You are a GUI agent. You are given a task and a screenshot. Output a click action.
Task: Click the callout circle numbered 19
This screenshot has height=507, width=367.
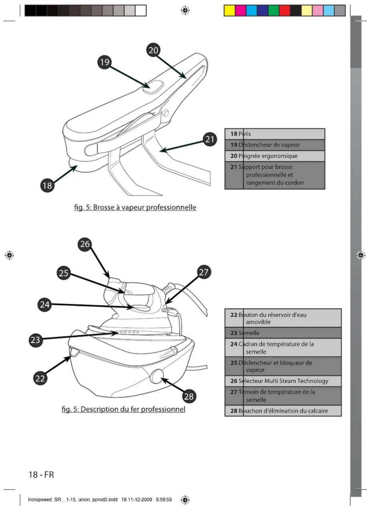pyautogui.click(x=105, y=62)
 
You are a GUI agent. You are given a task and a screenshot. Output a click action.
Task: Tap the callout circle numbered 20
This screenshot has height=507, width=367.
pyautogui.click(x=153, y=50)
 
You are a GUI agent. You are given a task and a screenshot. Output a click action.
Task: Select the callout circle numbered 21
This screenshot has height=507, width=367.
pyautogui.click(x=210, y=139)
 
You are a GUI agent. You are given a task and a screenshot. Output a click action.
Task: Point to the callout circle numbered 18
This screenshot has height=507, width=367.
pyautogui.click(x=47, y=185)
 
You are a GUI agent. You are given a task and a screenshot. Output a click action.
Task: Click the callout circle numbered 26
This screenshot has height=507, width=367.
pyautogui.click(x=85, y=244)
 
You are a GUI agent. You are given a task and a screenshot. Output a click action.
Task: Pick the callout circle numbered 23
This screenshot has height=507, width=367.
pyautogui.click(x=36, y=340)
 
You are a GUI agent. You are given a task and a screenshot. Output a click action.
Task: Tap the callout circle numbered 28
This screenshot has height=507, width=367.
pyautogui.click(x=189, y=396)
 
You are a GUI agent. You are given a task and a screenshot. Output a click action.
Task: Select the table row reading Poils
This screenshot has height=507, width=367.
pyautogui.click(x=274, y=134)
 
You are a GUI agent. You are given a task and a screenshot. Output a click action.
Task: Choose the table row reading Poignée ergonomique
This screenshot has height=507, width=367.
pyautogui.click(x=274, y=156)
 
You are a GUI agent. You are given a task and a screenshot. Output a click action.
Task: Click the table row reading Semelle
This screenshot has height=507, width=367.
pyautogui.click(x=283, y=333)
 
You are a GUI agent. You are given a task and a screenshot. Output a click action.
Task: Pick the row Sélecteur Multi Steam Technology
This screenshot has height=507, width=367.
pyautogui.click(x=283, y=381)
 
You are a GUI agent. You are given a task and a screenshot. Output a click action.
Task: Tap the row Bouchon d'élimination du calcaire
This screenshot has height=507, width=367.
pyautogui.click(x=283, y=411)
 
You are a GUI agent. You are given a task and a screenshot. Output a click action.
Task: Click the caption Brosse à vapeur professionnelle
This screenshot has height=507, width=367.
pyautogui.click(x=135, y=207)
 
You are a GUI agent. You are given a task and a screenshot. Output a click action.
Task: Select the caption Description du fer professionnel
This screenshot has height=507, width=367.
pyautogui.click(x=124, y=409)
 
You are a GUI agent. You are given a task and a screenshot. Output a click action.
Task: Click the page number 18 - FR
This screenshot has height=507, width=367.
pyautogui.click(x=41, y=475)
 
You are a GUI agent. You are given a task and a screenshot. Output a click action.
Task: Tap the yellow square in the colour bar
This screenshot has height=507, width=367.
pyautogui.click(x=229, y=11)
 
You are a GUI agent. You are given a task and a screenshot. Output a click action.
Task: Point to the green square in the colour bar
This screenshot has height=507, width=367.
pyautogui.click(x=274, y=11)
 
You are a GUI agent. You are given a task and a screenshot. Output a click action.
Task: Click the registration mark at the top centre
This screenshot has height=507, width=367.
pyautogui.click(x=185, y=11)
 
